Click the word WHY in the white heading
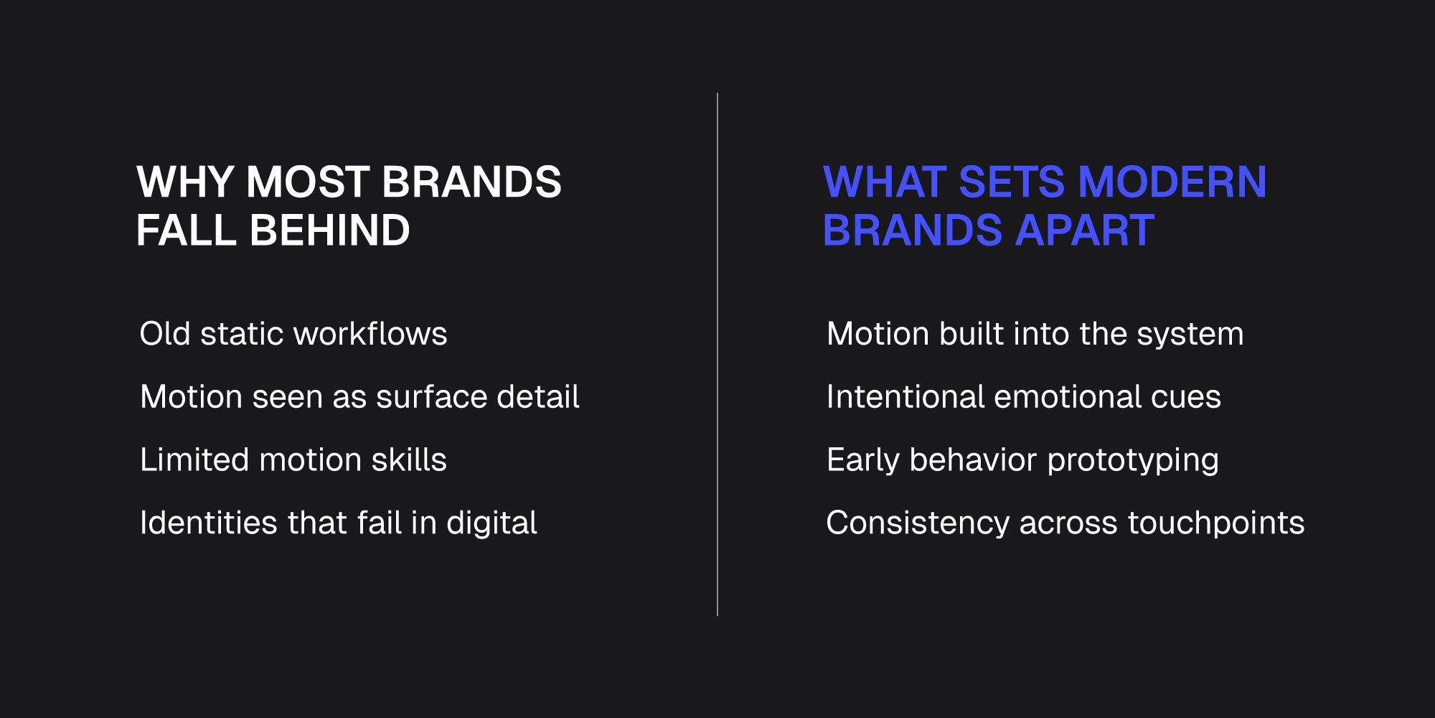coord(185,182)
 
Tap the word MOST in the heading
coord(309,182)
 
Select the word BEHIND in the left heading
coord(329,230)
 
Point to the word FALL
coord(187,230)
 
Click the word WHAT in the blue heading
coord(884,182)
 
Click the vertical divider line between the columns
coord(717,354)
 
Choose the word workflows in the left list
coord(370,334)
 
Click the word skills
coord(409,460)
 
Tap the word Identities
coord(209,523)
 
